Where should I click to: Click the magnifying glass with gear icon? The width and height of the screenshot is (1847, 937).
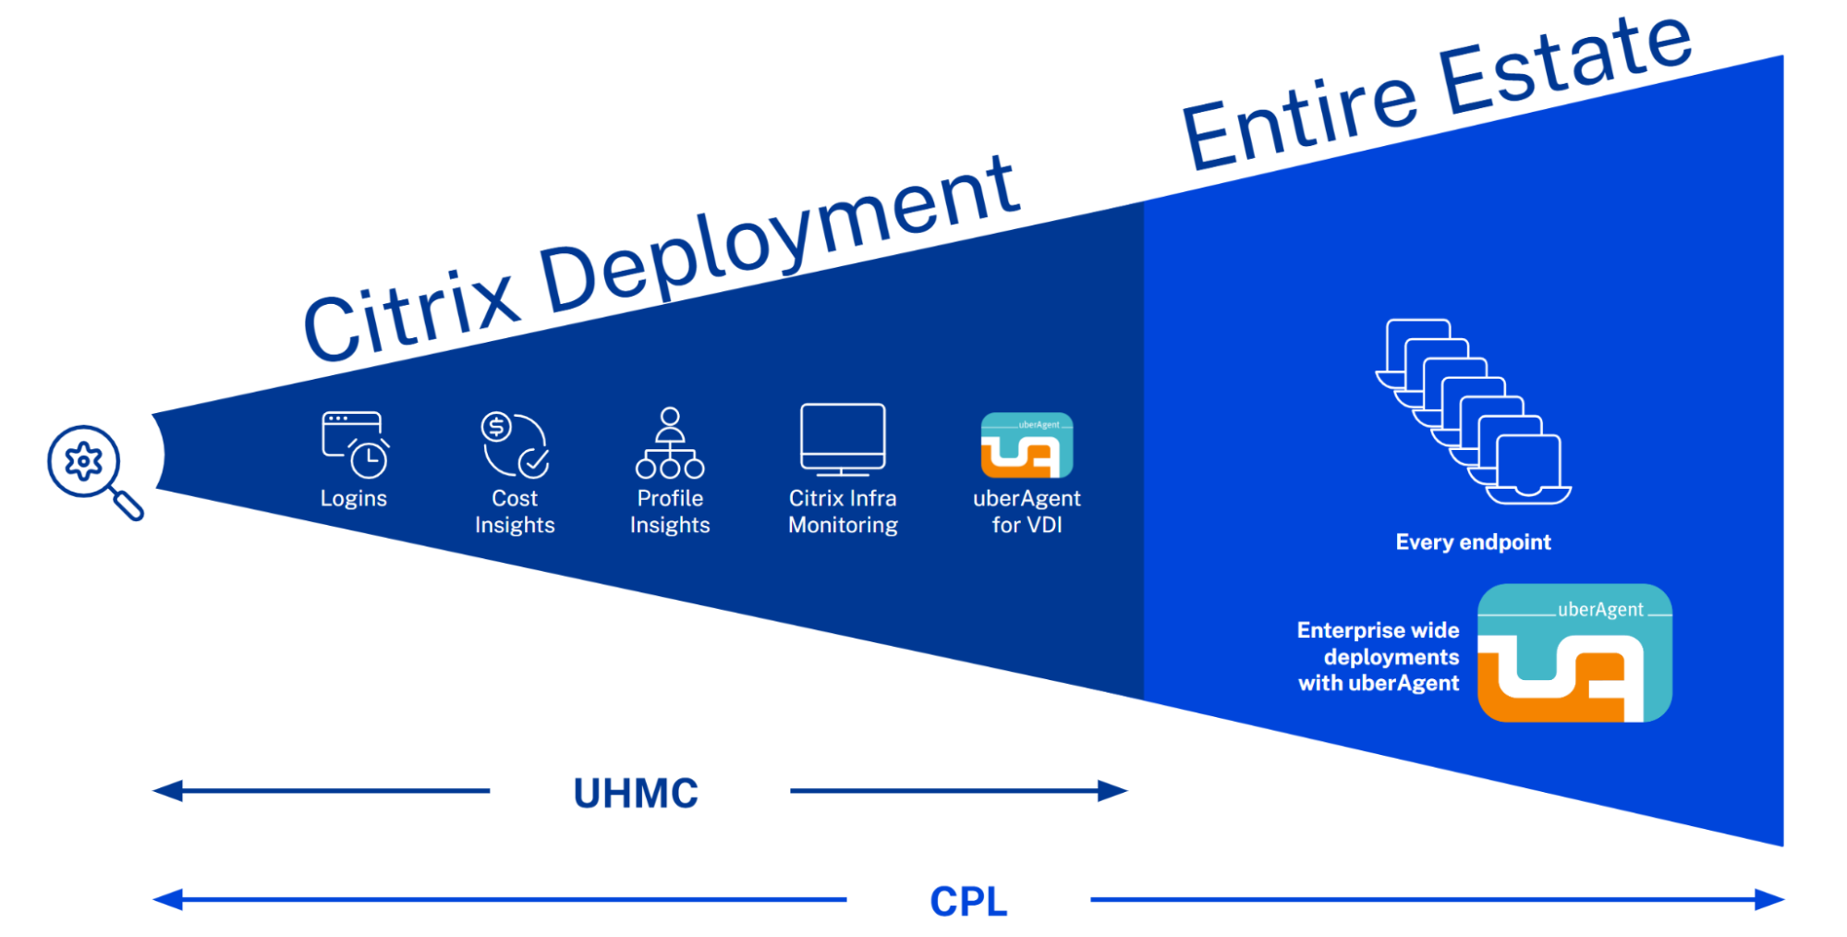(x=92, y=469)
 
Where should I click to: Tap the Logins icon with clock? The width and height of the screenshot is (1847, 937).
(x=355, y=444)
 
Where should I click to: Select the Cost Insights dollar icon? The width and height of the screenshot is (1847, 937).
(x=515, y=444)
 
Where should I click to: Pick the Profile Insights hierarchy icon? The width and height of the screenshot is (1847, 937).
(x=670, y=444)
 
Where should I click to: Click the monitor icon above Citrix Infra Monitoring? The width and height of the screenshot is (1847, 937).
(x=843, y=440)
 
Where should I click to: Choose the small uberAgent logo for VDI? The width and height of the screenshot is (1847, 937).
(x=1027, y=445)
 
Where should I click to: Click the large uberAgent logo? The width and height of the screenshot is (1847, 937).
(x=1574, y=652)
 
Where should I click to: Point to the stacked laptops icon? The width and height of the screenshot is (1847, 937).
(x=1473, y=412)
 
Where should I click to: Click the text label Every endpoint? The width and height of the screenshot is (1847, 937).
(x=1473, y=542)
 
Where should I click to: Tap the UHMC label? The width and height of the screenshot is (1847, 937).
(x=636, y=793)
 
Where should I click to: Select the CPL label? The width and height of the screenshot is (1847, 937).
(x=968, y=901)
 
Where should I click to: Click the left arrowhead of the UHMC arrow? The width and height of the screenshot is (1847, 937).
(x=167, y=791)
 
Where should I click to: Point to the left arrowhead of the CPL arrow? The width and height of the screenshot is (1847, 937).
(x=167, y=899)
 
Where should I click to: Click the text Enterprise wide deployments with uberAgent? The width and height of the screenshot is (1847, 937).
(x=1379, y=657)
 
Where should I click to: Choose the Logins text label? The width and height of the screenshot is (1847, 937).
(x=353, y=499)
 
